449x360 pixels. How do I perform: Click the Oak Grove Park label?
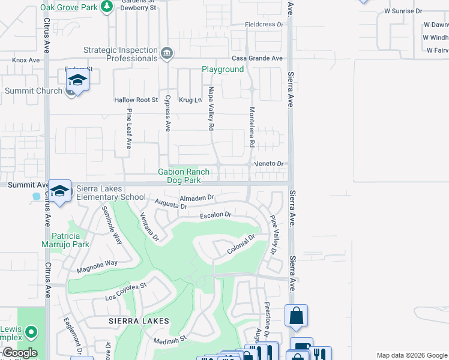pos(68,7)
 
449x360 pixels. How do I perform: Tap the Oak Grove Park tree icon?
pos(107,7)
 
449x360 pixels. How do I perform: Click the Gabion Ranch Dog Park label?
pos(184,176)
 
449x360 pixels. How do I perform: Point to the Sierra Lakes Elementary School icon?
pos(59,191)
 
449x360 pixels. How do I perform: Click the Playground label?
pos(223,70)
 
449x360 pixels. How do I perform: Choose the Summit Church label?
pos(34,91)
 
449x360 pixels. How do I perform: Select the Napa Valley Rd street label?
pos(211,109)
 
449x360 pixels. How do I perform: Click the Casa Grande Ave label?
pos(258,58)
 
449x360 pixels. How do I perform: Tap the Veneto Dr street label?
pos(268,163)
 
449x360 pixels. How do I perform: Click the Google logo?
pos(20,353)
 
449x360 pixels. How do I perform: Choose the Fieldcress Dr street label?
pos(264,25)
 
